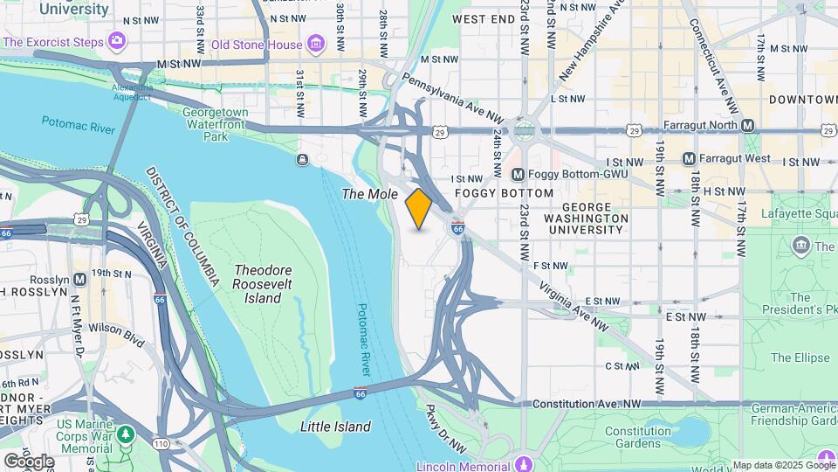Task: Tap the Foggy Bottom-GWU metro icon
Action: pos(518,175)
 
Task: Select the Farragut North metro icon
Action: pos(748,126)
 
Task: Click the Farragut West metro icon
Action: pos(689,159)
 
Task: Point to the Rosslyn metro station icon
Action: pos(79,280)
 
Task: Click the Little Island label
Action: pos(335,427)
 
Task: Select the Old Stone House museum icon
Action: pos(316,44)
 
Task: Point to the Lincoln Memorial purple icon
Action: pos(523,463)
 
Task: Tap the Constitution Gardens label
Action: pos(638,438)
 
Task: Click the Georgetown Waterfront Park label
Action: pos(216,124)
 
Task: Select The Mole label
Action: pos(370,194)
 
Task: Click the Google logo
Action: pos(28,461)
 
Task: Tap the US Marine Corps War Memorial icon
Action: pos(126,433)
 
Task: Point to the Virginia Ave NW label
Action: pos(574,305)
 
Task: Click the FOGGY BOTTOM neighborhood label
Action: pos(504,193)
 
